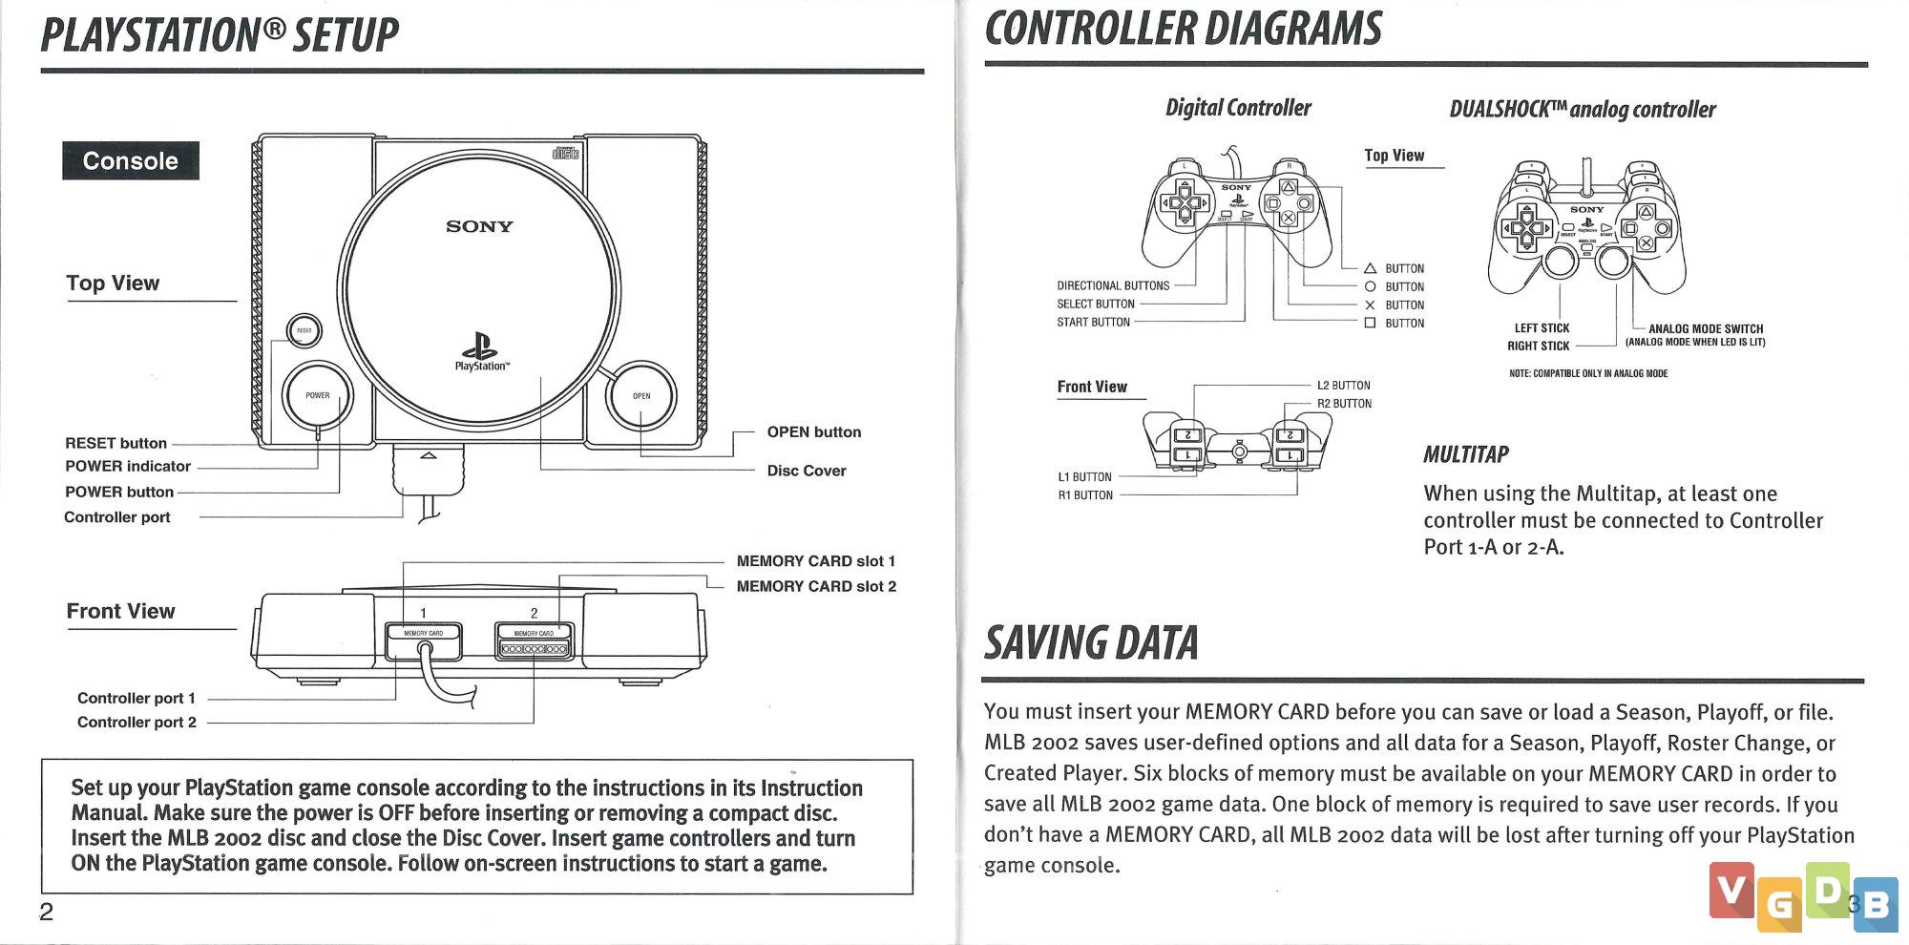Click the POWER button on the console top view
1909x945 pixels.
click(x=318, y=395)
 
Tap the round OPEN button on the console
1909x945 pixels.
click(x=641, y=395)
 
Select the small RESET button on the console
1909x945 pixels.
click(x=304, y=331)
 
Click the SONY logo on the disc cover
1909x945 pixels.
click(x=479, y=226)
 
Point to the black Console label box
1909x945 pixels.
click(x=131, y=160)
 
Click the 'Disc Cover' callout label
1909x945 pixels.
click(x=807, y=471)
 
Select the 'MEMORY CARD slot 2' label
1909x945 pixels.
click(x=816, y=586)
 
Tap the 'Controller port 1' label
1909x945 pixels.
click(x=136, y=698)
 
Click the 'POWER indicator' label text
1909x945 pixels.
click(x=128, y=466)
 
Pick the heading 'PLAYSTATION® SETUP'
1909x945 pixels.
click(x=220, y=34)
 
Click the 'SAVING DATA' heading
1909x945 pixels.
click(x=1091, y=642)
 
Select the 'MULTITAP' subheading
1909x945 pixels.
click(x=1466, y=454)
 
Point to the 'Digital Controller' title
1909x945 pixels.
click(x=1238, y=108)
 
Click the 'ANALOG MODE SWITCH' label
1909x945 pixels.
click(x=1706, y=328)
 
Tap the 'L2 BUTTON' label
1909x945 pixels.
click(x=1343, y=386)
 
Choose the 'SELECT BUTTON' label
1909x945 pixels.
click(x=1096, y=304)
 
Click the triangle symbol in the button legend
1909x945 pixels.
click(x=1370, y=268)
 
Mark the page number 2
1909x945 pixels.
click(x=46, y=912)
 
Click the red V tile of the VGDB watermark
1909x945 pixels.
click(x=1731, y=890)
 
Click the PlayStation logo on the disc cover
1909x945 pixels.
click(x=480, y=351)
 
